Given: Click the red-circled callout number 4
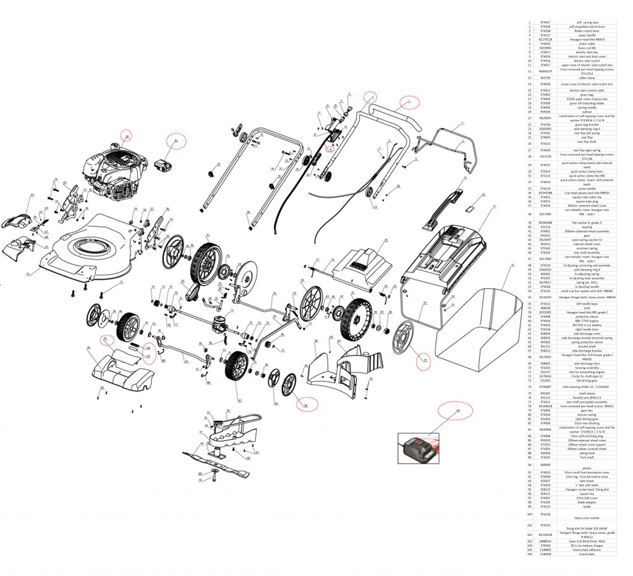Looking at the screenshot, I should pyautogui.click(x=370, y=97).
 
